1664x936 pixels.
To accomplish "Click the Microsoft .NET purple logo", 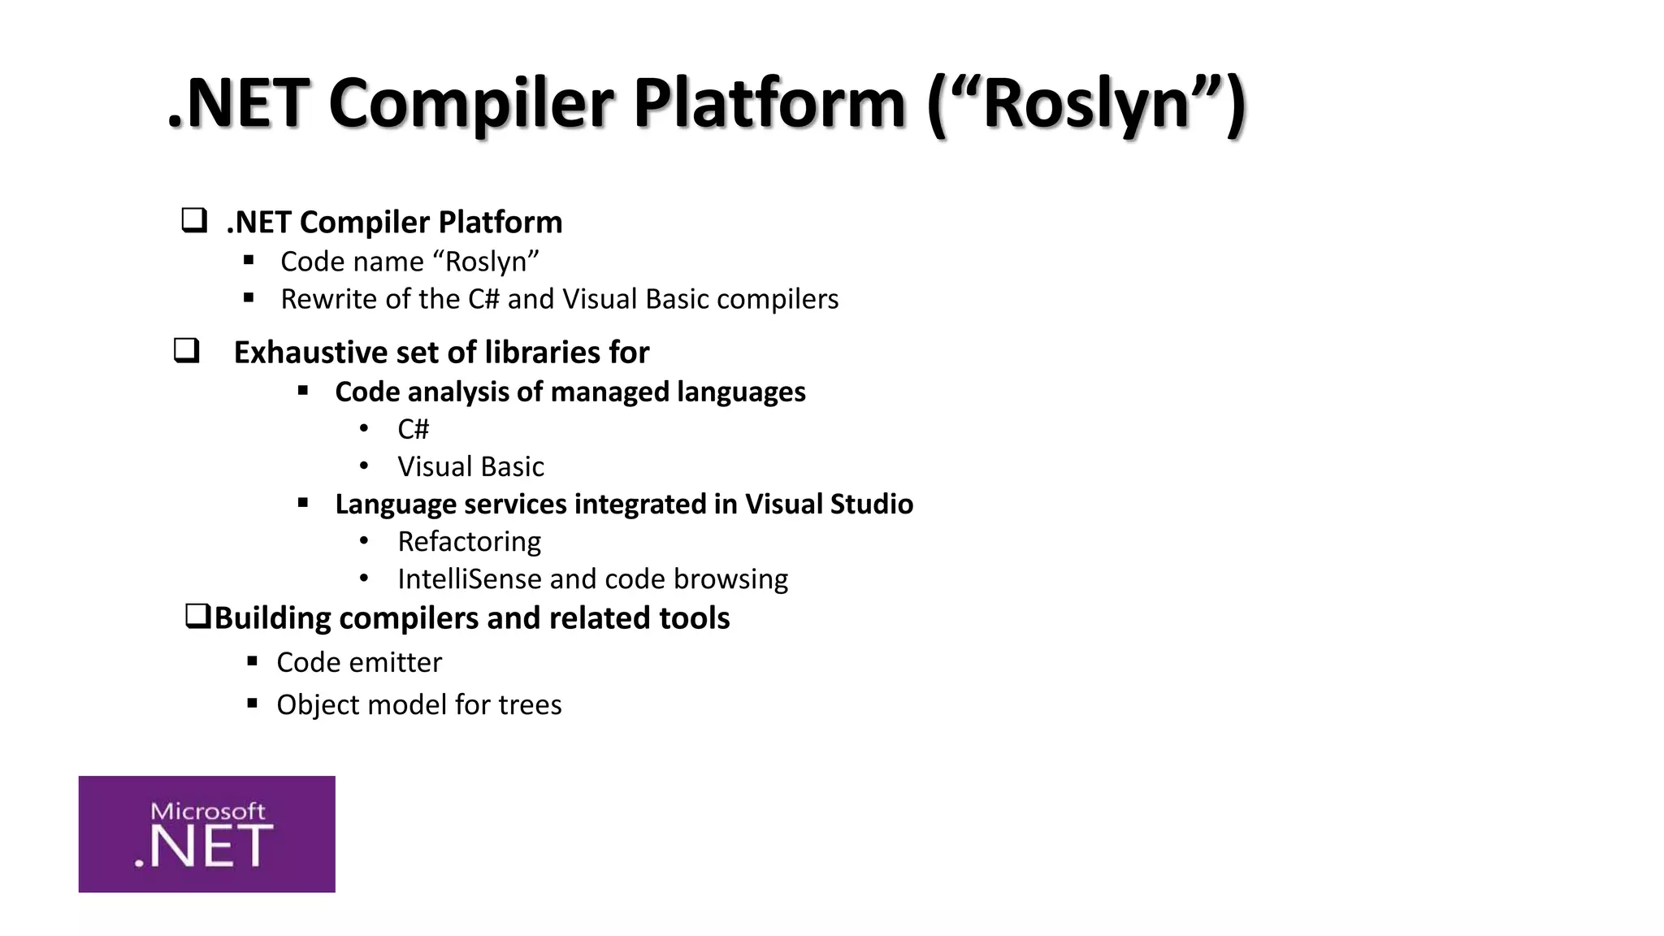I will tap(206, 834).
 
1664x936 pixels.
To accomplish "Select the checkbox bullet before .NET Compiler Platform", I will tap(193, 221).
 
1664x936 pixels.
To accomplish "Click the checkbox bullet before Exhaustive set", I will tap(186, 351).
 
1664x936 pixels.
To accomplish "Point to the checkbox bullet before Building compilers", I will tap(197, 617).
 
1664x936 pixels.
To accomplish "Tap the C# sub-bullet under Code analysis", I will tap(413, 429).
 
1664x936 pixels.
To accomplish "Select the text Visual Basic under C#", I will tap(470, 466).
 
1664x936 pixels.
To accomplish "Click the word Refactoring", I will tap(469, 541).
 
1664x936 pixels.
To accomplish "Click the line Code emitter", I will tap(359, 662).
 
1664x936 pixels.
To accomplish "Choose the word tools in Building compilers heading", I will tap(694, 618).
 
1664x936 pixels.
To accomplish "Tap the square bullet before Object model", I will tap(252, 703).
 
